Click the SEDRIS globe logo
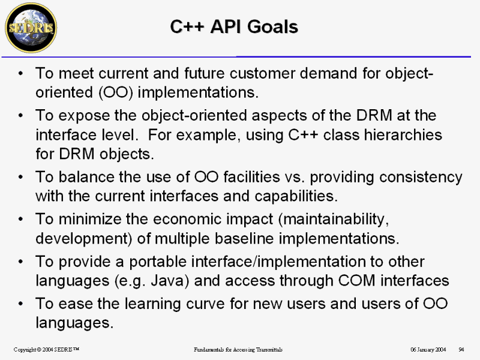(x=31, y=28)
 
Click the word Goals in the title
(x=272, y=26)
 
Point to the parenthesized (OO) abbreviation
(x=116, y=92)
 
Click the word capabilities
(x=296, y=196)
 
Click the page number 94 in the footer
(x=461, y=349)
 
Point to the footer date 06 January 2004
(x=428, y=349)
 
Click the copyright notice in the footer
(x=47, y=349)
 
